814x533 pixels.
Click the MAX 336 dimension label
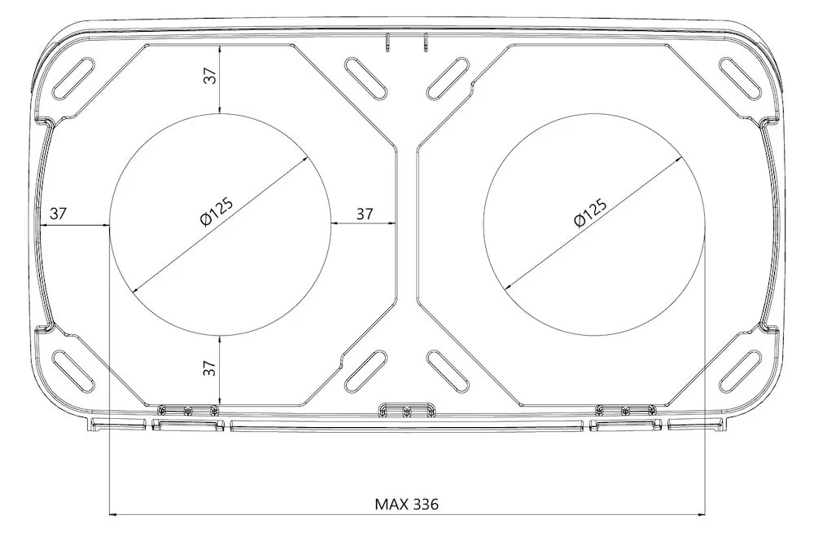point(406,504)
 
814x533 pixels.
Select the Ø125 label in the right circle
point(590,213)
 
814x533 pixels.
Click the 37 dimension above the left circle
point(210,77)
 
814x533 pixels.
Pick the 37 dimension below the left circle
point(209,368)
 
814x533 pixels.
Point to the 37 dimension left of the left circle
point(58,214)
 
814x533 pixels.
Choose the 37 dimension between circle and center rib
point(365,214)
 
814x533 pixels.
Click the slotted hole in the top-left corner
point(74,77)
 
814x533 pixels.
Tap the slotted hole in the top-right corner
point(740,77)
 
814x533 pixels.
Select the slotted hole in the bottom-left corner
point(74,371)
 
